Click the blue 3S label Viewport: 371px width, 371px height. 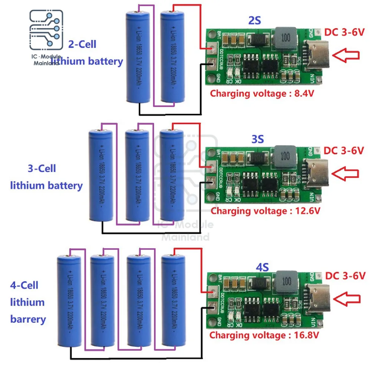pyautogui.click(x=257, y=139)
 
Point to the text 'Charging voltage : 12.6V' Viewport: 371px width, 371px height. pyautogui.click(x=265, y=211)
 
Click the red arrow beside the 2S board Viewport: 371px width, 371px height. pyautogui.click(x=346, y=55)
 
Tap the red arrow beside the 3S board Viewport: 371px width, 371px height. pyautogui.click(x=346, y=173)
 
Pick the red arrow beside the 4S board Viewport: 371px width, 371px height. pyautogui.click(x=347, y=298)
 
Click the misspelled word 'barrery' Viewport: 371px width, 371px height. pyautogui.click(x=28, y=319)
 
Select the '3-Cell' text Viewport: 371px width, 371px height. pyautogui.click(x=42, y=169)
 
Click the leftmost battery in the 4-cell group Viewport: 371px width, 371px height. pyautogui.click(x=69, y=302)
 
